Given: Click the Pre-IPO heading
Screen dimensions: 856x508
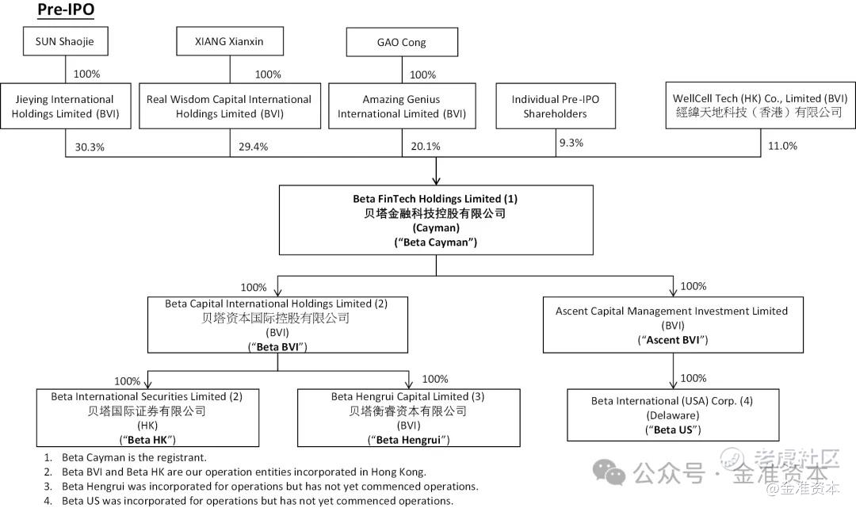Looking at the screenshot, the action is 66,10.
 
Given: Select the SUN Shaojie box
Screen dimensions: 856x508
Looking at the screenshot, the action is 66,41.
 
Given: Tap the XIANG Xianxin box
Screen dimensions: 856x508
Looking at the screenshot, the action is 230,41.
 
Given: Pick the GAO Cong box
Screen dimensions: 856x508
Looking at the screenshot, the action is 402,42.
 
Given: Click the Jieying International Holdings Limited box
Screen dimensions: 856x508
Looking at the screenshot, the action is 66,106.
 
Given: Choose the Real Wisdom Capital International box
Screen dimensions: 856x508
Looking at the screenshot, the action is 230,106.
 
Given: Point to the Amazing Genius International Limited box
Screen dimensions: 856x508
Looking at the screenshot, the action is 402,106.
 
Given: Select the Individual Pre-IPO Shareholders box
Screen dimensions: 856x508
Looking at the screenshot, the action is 556,106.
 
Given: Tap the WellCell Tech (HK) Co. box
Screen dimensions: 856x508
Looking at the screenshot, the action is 760,105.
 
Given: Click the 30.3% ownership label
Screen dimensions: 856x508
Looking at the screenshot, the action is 90,147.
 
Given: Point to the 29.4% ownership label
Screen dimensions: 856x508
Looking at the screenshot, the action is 254,147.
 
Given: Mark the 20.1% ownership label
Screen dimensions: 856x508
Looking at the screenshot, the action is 426,147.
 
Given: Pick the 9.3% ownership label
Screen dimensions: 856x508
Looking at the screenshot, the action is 571,143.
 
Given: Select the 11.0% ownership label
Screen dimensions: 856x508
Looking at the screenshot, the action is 782,146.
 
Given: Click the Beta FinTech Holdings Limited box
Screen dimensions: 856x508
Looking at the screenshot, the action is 436,220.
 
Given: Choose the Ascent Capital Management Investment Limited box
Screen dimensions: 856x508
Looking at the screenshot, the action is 673,325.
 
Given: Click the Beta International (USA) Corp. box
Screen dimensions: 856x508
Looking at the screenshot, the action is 673,415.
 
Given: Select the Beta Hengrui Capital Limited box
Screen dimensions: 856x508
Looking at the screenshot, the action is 409,418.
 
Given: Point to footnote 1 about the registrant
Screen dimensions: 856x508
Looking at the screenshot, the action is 125,458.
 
